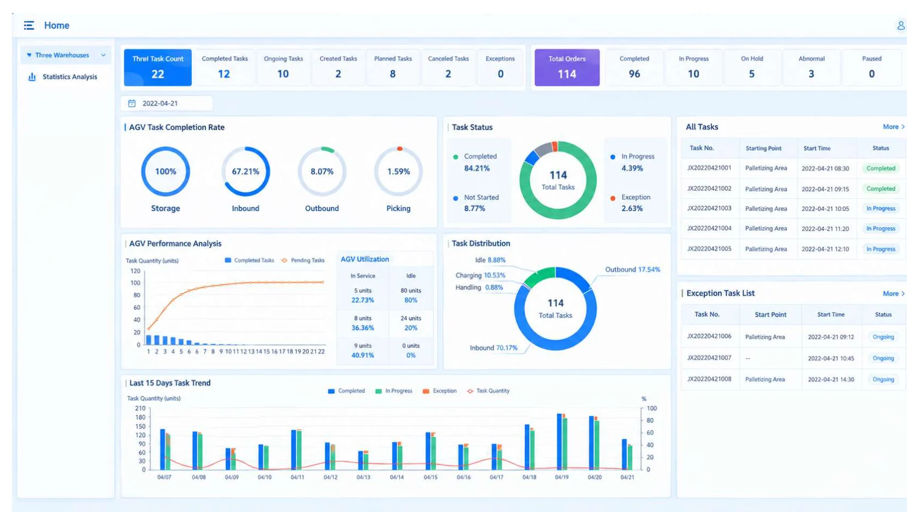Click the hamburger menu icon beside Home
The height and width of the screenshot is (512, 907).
pyautogui.click(x=29, y=25)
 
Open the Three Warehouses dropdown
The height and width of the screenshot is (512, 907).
pyautogui.click(x=66, y=55)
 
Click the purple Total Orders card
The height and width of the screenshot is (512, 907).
pyautogui.click(x=567, y=67)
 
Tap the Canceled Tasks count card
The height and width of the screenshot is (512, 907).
pyautogui.click(x=448, y=67)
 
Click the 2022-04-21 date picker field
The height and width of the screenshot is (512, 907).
pyautogui.click(x=167, y=104)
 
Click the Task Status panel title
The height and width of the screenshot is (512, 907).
pyautogui.click(x=472, y=127)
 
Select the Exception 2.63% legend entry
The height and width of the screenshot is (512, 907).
pyautogui.click(x=632, y=203)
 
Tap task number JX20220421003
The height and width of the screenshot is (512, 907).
pyautogui.click(x=709, y=208)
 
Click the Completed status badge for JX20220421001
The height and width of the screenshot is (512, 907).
pyautogui.click(x=881, y=168)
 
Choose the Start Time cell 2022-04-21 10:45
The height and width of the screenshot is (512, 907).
pyautogui.click(x=831, y=359)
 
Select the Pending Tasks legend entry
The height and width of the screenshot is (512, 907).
pyautogui.click(x=303, y=261)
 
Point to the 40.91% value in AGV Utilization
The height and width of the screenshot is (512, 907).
pyautogui.click(x=362, y=356)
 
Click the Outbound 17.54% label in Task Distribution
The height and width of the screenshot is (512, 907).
pyautogui.click(x=633, y=270)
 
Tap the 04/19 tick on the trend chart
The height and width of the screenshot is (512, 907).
pyautogui.click(x=562, y=477)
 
